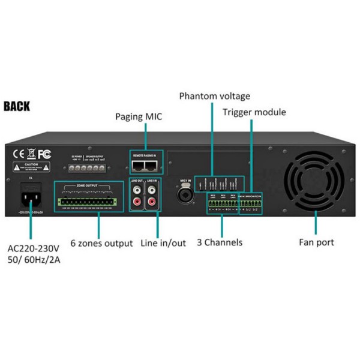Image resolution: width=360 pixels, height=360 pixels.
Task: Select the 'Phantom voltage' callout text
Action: (214, 96)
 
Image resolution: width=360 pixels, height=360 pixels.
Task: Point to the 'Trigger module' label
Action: (254, 112)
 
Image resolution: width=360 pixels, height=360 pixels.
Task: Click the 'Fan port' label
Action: (316, 243)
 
